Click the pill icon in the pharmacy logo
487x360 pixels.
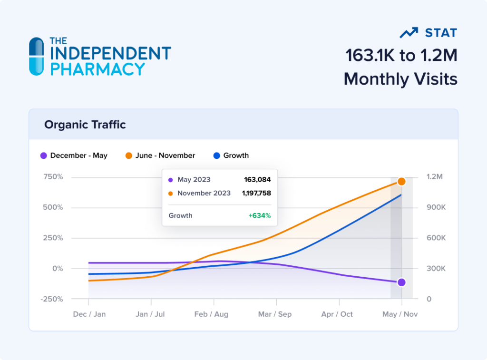[36, 56]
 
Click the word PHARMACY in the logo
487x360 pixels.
[97, 69]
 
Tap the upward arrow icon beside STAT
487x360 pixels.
[409, 33]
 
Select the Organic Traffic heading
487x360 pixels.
[85, 125]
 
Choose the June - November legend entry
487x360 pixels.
[160, 156]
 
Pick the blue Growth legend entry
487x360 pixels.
[231, 156]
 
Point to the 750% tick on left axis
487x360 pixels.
[53, 177]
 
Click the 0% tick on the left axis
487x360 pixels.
[57, 269]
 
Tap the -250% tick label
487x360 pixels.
[52, 299]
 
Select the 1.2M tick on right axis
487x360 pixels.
[434, 177]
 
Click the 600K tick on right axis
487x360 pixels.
[436, 238]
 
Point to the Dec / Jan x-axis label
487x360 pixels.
[89, 314]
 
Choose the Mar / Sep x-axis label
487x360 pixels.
[275, 314]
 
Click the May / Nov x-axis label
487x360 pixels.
[400, 314]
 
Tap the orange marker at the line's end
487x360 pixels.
[401, 182]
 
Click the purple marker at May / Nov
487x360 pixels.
[401, 282]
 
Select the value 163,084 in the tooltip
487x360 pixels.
[257, 180]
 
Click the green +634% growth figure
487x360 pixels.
[259, 215]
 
